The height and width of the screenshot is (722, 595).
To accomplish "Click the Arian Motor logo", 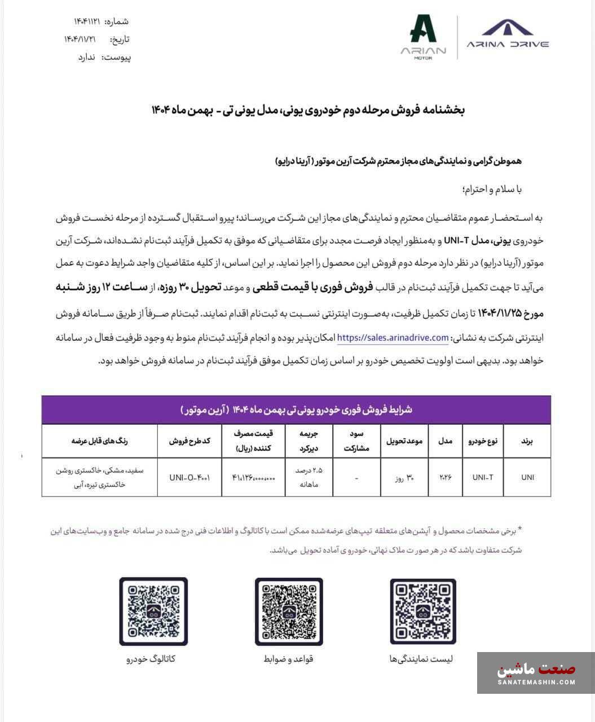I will pos(423,37).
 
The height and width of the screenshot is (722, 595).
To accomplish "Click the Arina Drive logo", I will pos(508,34).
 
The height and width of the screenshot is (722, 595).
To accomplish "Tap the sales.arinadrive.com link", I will pos(393,338).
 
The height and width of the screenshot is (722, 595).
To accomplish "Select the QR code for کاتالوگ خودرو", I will pos(153,611).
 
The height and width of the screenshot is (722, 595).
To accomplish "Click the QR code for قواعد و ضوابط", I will pos(289,611).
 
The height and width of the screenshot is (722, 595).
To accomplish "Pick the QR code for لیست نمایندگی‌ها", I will pos(423,611).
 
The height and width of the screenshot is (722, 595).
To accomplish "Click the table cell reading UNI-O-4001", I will pos(189,477).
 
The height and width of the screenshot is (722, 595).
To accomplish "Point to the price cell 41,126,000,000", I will pos(253,477).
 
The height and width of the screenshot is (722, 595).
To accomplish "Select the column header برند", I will pos(527,441).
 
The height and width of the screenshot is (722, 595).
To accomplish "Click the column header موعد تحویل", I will pos(404,441).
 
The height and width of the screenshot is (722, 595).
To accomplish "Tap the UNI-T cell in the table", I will pos(483,477).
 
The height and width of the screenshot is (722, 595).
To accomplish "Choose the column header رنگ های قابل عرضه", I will pos(99,441).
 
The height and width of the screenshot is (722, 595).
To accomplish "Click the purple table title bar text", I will pos(296,410).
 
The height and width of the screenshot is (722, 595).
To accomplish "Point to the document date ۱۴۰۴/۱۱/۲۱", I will pos(80,39).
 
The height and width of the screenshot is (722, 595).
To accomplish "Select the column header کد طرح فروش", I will pos(189,441).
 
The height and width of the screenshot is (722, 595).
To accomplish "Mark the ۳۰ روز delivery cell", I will pos(404,477).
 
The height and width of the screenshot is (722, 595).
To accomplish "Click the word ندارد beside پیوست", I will pos(89,57).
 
